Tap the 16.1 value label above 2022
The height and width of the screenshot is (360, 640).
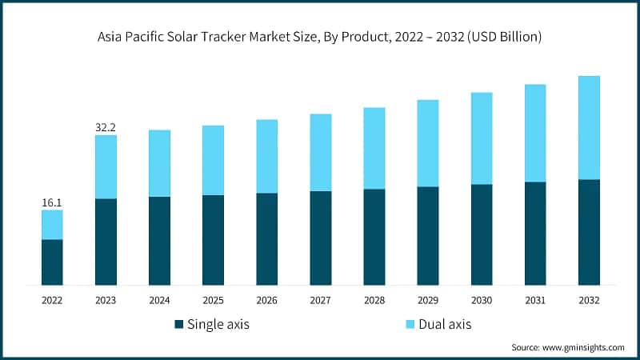[x=52, y=203]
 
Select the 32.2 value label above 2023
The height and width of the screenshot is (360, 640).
[x=106, y=127]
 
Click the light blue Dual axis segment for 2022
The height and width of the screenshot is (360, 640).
[x=52, y=225]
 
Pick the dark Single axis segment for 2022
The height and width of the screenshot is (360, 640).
[x=52, y=262]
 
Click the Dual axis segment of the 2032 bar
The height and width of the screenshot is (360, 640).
[x=589, y=127]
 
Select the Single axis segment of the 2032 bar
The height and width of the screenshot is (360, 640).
[x=589, y=232]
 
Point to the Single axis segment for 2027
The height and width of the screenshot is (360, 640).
[x=321, y=238]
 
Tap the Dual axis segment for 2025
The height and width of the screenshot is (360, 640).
[x=213, y=160]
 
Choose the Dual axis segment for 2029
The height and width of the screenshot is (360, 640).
[x=428, y=143]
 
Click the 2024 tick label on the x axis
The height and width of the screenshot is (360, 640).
[x=159, y=300]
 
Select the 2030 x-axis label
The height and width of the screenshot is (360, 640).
[x=482, y=300]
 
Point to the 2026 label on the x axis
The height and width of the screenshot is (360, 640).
[x=266, y=300]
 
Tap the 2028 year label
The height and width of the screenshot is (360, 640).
[x=374, y=300]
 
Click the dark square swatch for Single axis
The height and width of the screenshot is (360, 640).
[x=178, y=325]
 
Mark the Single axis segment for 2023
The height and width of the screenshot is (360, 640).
[x=106, y=242]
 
